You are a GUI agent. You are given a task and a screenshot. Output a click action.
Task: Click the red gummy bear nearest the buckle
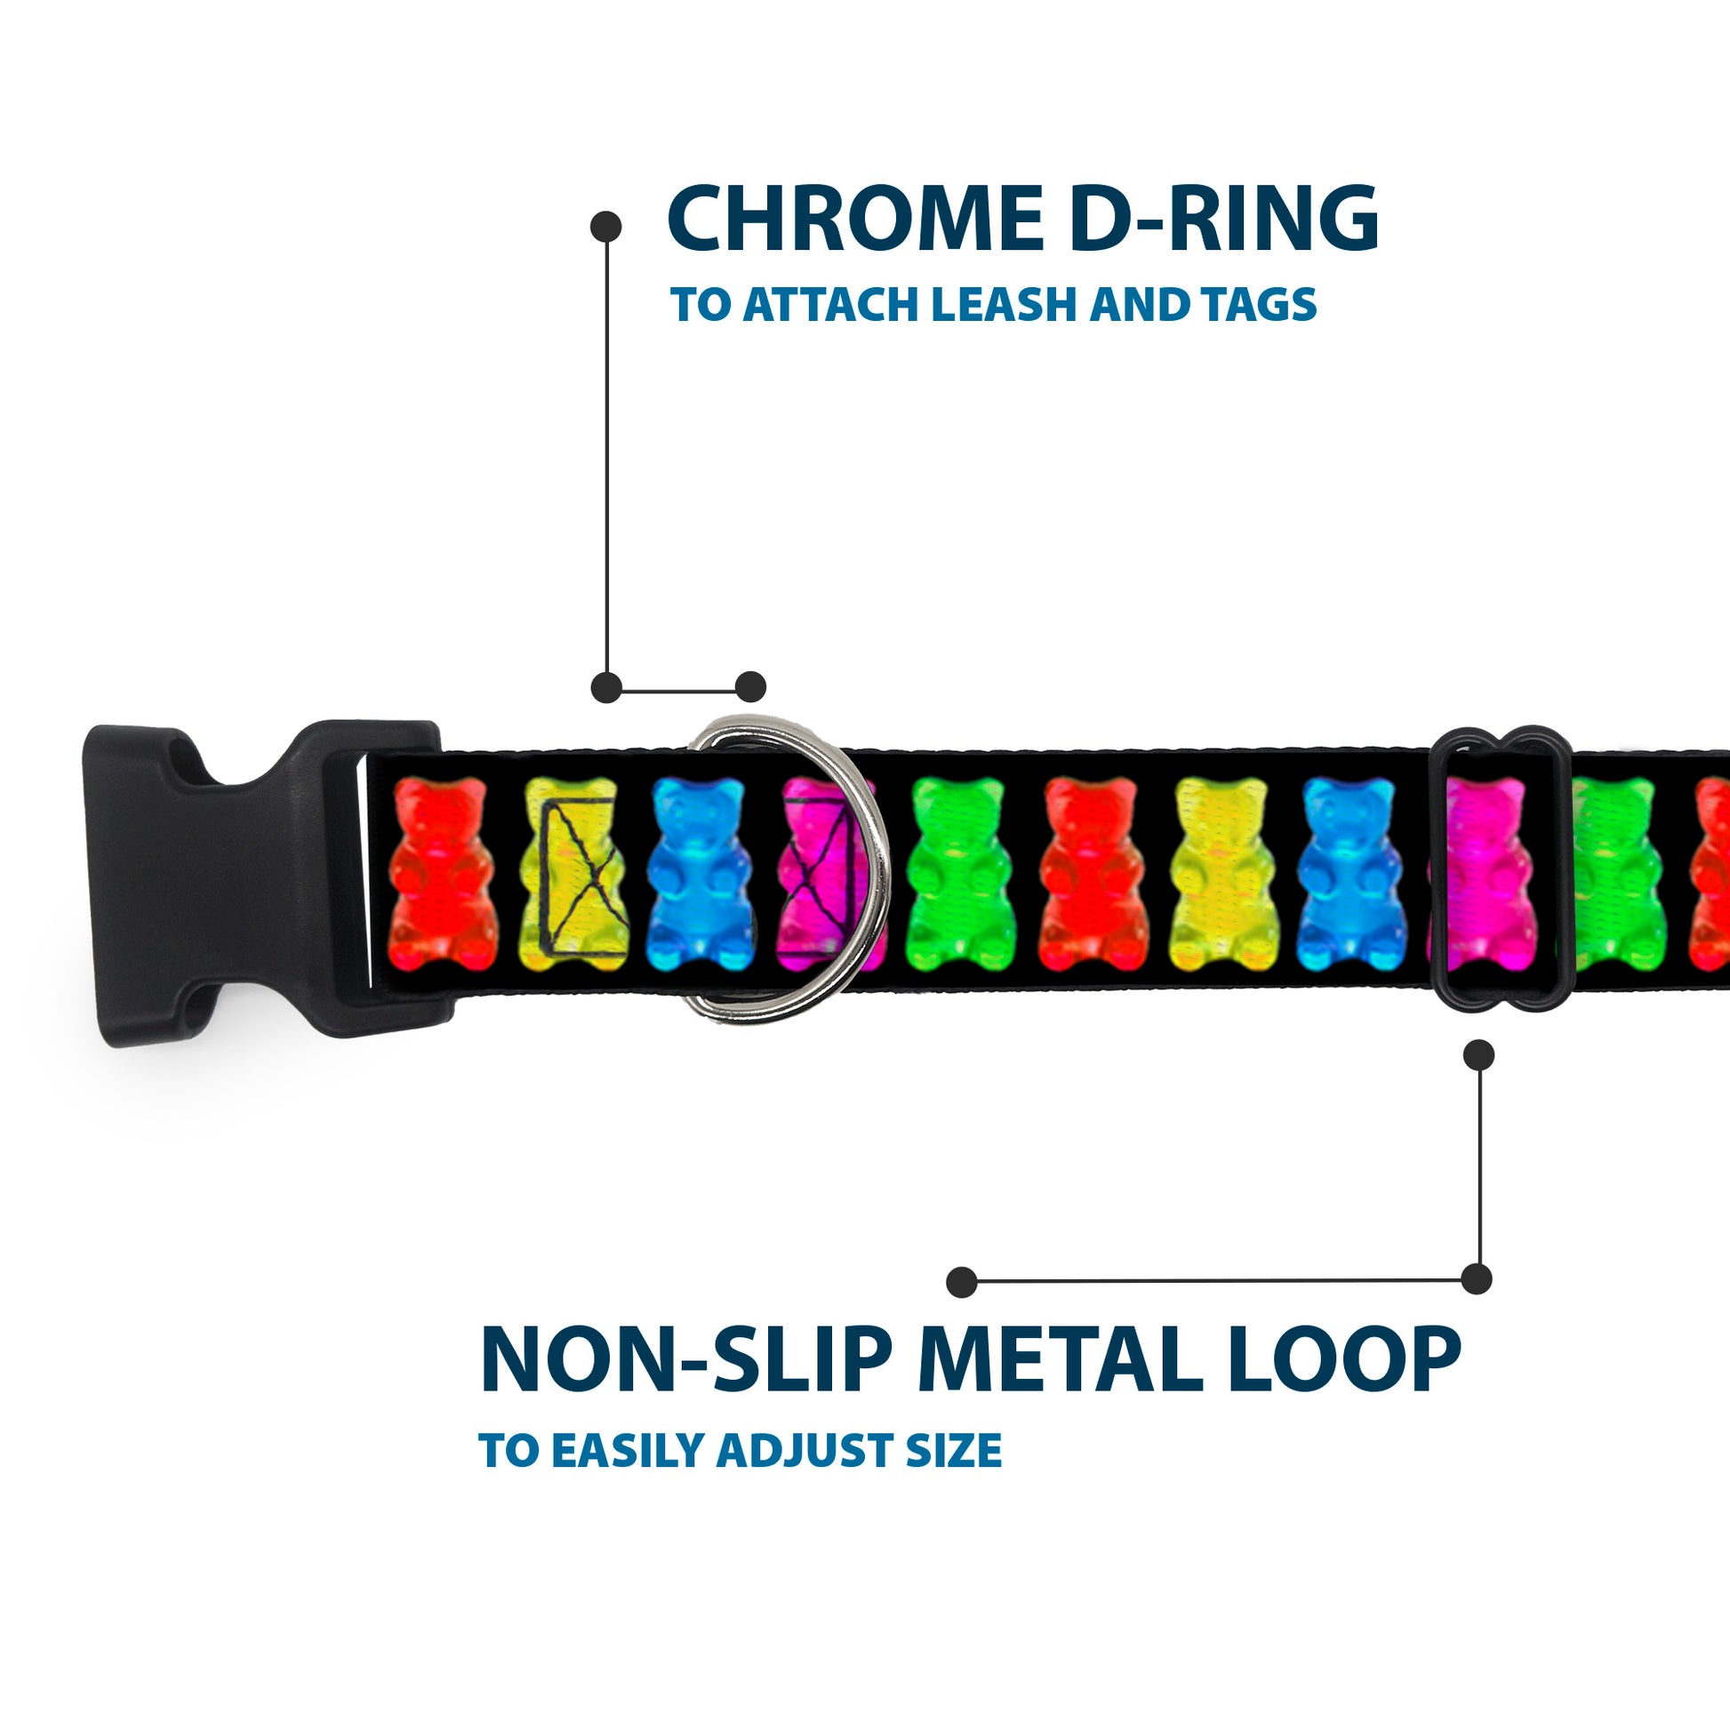[x=441, y=874]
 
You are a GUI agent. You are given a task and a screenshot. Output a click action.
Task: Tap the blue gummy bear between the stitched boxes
[x=700, y=874]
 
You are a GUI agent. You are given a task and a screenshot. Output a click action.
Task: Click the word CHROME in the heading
[x=854, y=220]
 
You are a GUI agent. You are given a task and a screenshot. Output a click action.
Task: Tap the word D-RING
[x=1223, y=220]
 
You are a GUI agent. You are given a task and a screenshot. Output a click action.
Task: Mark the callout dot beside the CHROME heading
[x=606, y=227]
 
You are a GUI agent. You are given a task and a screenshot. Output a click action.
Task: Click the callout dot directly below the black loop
[x=1478, y=1055]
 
